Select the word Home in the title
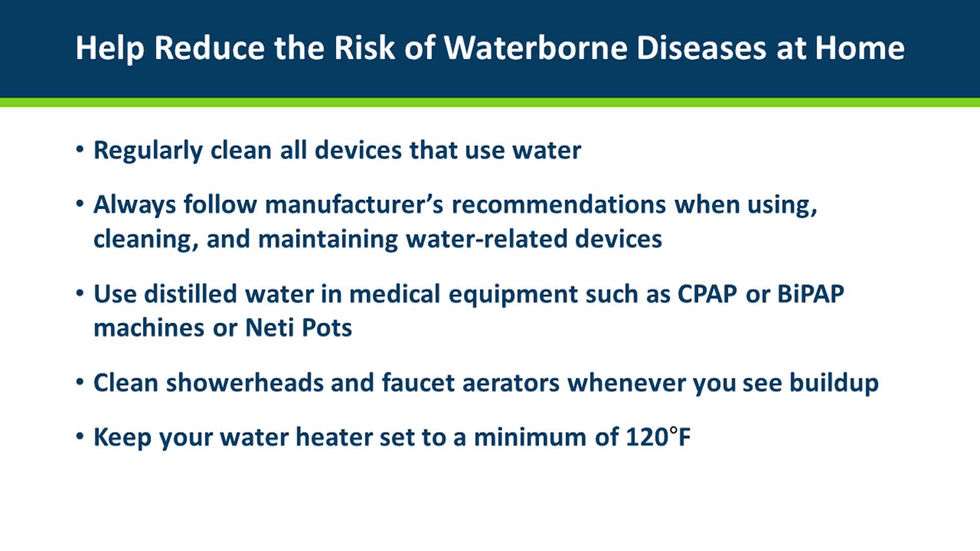click(x=860, y=48)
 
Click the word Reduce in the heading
click(x=210, y=48)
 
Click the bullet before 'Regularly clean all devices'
click(x=80, y=149)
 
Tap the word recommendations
click(x=559, y=205)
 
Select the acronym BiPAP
click(x=811, y=294)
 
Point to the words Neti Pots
click(x=299, y=328)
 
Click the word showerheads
click(x=245, y=383)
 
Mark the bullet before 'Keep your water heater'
click(x=80, y=437)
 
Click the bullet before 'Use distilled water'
click(x=80, y=293)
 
